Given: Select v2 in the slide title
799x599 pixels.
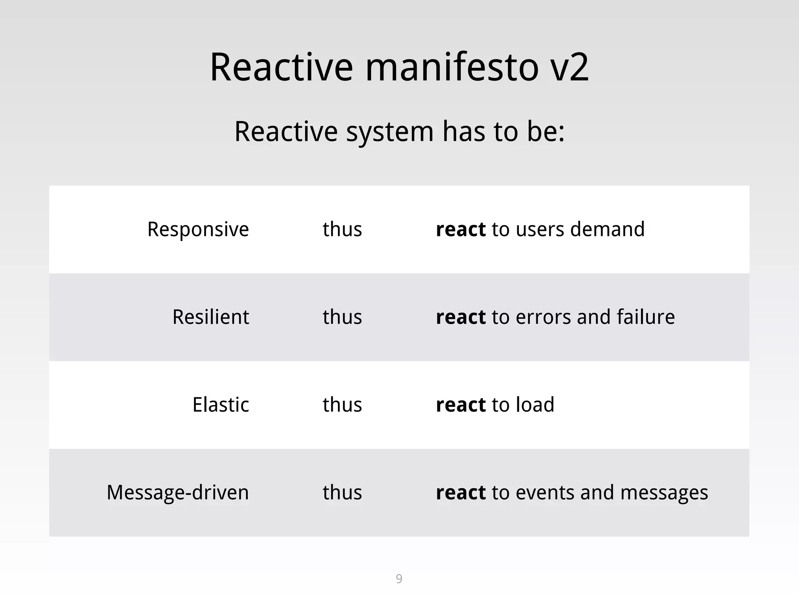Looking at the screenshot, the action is pos(569,68).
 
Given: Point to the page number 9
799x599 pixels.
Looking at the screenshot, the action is pos(399,578).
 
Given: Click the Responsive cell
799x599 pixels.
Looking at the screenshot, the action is pos(198,229).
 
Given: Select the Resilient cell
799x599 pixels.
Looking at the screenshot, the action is pos(211,317).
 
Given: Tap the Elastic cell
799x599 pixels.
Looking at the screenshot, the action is pos(220,405).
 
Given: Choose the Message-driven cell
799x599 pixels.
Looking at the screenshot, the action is pos(178,493).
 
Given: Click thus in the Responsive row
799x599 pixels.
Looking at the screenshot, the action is pos(342,229).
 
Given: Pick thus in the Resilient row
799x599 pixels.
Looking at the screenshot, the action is pos(342,317).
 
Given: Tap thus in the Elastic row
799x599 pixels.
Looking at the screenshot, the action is pos(342,405).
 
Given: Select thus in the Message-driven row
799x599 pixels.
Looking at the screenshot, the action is pos(342,493).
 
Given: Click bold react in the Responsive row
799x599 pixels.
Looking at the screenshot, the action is pos(461,230).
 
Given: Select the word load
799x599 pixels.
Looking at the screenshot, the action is pos(535,405).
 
